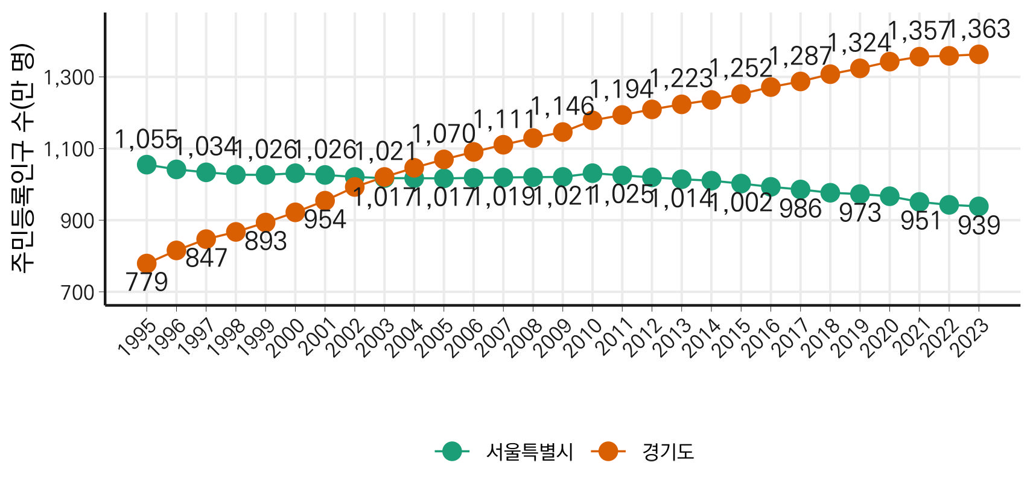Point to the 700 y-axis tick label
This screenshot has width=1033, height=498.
coord(78,292)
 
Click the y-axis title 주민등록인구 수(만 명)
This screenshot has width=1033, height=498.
coord(22,159)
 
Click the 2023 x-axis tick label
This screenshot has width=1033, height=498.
coord(969,337)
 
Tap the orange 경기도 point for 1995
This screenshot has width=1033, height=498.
coord(147,263)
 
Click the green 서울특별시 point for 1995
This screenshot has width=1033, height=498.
coord(147,165)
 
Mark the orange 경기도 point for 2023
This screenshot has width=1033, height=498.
coord(979,55)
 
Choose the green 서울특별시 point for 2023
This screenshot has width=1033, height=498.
coord(979,206)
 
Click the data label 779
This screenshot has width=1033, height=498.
coord(147,282)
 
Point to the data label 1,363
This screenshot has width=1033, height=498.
coord(980,30)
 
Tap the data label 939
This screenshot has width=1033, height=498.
coord(979,225)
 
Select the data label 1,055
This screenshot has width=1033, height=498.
coord(146,139)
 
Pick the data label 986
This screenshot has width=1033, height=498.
coord(800,209)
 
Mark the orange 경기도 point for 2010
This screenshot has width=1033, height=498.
coord(593,121)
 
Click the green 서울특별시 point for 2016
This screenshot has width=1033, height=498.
coord(771,187)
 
